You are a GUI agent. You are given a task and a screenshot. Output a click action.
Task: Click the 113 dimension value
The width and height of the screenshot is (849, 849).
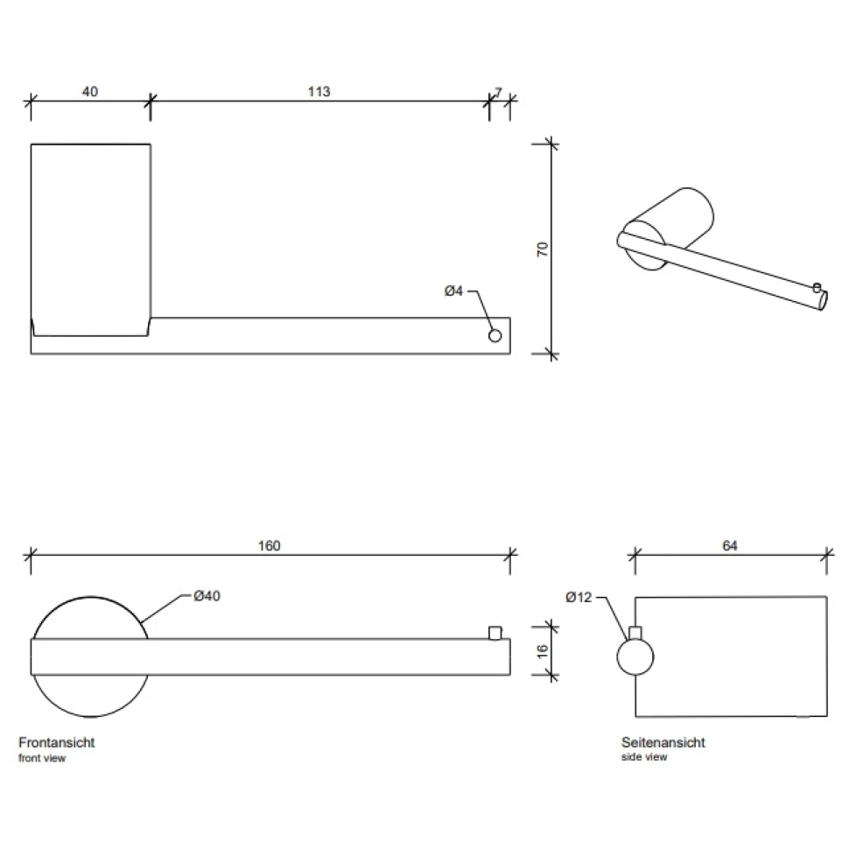(x=319, y=92)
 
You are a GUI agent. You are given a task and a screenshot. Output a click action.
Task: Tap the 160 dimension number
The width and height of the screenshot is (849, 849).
(x=269, y=546)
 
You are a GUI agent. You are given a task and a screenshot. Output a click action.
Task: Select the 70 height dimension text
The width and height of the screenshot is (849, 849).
(x=542, y=249)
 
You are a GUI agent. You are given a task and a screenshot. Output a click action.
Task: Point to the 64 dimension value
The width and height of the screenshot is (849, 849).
(x=730, y=546)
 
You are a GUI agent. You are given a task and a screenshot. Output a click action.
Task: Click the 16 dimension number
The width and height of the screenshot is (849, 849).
(x=542, y=651)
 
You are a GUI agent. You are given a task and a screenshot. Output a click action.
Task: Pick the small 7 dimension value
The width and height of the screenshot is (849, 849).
(x=499, y=93)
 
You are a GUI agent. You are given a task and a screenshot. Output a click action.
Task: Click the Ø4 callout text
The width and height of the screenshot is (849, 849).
(x=453, y=291)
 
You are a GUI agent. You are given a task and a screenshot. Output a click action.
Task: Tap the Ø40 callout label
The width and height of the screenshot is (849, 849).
(x=207, y=596)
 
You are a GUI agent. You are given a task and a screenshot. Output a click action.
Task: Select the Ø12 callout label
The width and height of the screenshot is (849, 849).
(x=579, y=597)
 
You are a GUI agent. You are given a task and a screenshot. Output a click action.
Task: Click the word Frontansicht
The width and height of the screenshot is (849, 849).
(x=57, y=742)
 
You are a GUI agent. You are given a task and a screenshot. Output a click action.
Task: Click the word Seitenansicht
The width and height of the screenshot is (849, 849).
(x=663, y=742)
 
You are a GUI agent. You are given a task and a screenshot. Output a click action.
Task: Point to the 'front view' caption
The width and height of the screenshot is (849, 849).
(x=42, y=758)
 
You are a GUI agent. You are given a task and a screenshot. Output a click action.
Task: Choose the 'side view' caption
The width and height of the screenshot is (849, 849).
(x=644, y=757)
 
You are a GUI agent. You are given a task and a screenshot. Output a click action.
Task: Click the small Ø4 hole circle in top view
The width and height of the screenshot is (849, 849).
(x=495, y=336)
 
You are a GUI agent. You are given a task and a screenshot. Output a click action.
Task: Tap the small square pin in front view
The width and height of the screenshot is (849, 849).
(x=495, y=633)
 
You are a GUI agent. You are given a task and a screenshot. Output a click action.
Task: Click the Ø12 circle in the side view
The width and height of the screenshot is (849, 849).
(x=635, y=656)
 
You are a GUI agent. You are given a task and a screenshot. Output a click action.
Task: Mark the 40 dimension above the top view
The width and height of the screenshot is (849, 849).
(x=90, y=92)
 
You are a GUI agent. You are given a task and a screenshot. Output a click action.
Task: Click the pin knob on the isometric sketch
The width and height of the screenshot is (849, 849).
(x=817, y=287)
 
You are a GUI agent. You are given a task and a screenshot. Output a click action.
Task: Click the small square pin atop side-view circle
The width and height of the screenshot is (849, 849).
(x=635, y=633)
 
